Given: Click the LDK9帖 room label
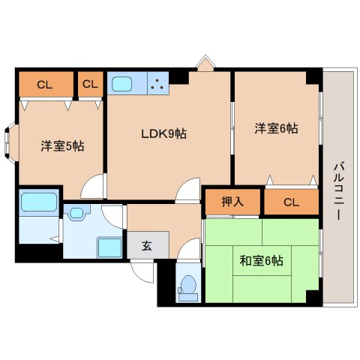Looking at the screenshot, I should [163, 134].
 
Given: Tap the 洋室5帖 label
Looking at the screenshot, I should [61, 145].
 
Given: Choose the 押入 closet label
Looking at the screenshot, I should [232, 201].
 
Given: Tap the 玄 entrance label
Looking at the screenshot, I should [147, 244].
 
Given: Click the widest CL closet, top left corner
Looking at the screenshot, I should [45, 84].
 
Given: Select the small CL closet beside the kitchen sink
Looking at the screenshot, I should [90, 84].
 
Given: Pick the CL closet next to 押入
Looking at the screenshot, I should [291, 201].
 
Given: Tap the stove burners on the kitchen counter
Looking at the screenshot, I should [158, 83].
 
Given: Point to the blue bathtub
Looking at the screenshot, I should [38, 202].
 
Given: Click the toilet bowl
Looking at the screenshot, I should [188, 286].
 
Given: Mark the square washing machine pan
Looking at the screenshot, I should [109, 247].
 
